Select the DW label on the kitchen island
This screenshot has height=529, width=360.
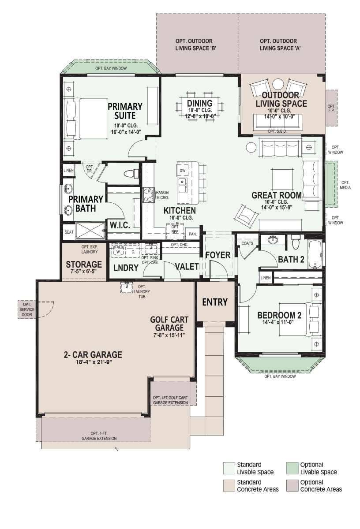pyautogui.click(x=183, y=171)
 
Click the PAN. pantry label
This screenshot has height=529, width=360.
pyautogui.click(x=193, y=234)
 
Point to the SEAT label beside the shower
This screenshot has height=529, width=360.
pyautogui.click(x=69, y=232)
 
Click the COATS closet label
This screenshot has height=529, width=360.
pyautogui.click(x=247, y=243)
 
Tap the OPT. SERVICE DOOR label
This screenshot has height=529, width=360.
pyautogui.click(x=27, y=309)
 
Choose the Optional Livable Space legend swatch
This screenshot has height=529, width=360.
pyautogui.click(x=292, y=468)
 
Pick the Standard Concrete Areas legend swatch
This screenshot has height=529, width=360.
pyautogui.click(x=229, y=485)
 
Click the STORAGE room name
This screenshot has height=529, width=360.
pyautogui.click(x=84, y=264)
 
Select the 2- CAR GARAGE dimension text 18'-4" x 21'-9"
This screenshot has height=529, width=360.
pyautogui.click(x=93, y=362)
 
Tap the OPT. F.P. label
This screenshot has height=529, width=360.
pyautogui.click(x=331, y=108)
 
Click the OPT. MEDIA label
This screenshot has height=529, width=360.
pyautogui.click(x=345, y=185)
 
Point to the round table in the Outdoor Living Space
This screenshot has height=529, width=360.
pyautogui.click(x=278, y=85)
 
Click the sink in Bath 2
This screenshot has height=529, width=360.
pyautogui.click(x=273, y=239)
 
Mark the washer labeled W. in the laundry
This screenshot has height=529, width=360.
pyautogui.click(x=118, y=252)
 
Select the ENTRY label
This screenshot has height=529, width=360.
pyautogui.click(x=215, y=302)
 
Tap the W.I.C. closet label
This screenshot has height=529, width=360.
pyautogui.click(x=120, y=225)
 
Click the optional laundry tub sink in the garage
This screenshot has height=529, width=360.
pyautogui.click(x=127, y=287)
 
